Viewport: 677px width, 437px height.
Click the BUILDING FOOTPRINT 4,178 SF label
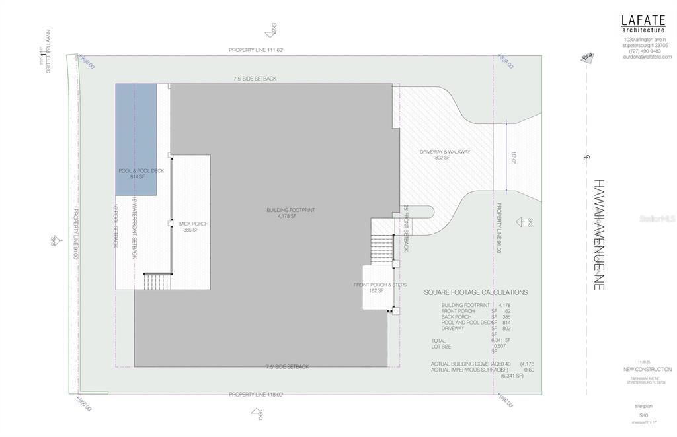coord(290,213)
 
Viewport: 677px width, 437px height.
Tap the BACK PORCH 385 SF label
coord(193,226)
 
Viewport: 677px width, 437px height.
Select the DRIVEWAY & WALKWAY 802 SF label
coord(445,154)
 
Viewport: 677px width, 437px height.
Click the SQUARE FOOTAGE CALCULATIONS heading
coord(475,292)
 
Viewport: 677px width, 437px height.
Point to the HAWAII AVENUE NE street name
coord(598,234)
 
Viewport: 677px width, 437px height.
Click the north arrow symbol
coord(587,58)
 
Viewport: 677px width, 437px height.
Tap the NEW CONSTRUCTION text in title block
coord(647,369)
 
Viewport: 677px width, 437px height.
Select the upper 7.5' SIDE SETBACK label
coord(255,79)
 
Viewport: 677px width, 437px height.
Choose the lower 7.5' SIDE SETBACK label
coord(287,367)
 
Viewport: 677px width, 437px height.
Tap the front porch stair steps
coord(382,250)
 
